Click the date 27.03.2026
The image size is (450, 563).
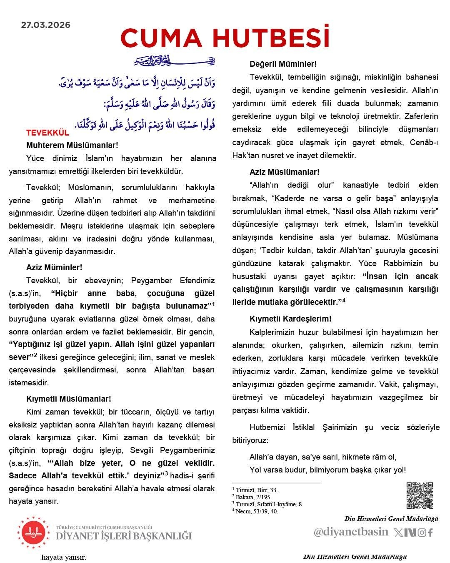(x=46, y=25)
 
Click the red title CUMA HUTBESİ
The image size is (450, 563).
(x=225, y=38)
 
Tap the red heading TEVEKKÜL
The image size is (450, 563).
(x=47, y=133)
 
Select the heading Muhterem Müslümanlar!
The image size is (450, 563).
(x=72, y=146)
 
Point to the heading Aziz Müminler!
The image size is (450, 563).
(x=54, y=267)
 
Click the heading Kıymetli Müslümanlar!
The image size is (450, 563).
(x=69, y=399)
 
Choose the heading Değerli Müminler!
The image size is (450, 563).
(x=283, y=64)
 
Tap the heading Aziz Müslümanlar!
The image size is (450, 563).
(x=285, y=172)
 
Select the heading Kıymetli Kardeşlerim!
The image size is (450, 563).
(x=290, y=319)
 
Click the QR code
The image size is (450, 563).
(x=420, y=495)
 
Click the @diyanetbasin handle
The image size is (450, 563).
(x=351, y=532)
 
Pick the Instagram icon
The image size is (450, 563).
(x=422, y=533)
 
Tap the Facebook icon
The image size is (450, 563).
(x=430, y=533)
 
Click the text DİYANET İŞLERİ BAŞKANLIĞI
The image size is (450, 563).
(x=124, y=536)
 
